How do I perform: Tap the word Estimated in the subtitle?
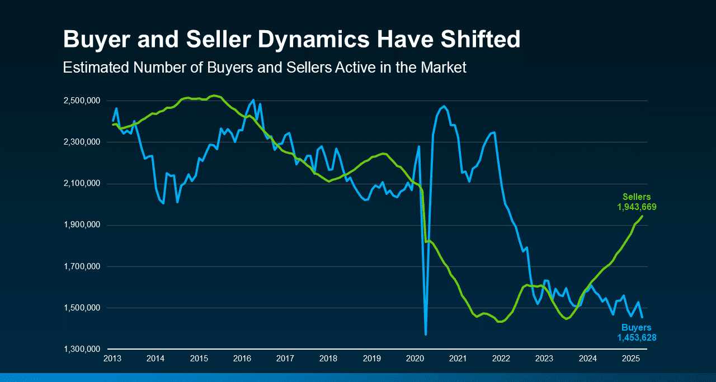point(96,68)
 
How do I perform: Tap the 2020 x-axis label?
point(415,358)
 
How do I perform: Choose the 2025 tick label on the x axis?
point(631,358)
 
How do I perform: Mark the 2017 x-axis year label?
point(285,358)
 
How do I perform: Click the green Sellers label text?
point(637,197)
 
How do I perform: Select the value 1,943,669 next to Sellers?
point(637,207)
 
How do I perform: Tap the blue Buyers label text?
point(637,328)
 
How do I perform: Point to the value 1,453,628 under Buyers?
point(637,338)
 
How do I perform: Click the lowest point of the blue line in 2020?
point(426,335)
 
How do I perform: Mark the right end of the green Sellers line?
point(642,216)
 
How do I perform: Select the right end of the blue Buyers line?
point(642,317)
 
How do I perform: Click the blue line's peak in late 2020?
point(444,106)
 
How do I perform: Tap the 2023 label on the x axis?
point(544,358)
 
